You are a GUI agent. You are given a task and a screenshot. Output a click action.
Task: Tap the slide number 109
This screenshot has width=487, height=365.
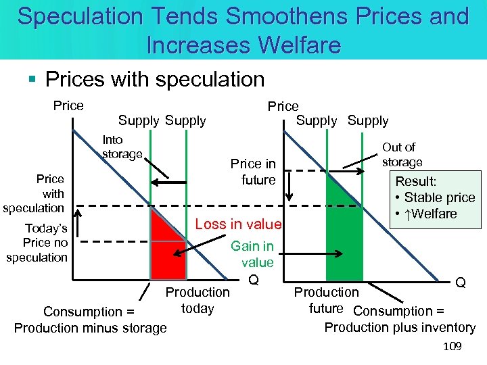[452, 347]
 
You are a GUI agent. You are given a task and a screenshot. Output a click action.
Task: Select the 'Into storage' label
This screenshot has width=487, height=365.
[121, 147]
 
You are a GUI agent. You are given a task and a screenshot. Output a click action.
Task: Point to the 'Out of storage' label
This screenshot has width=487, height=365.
[402, 154]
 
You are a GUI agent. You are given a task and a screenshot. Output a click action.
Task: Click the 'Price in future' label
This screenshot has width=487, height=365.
[253, 172]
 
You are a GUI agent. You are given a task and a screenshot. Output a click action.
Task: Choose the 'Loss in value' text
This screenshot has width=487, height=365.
[238, 224]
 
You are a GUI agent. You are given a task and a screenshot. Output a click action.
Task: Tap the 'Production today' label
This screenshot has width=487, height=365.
[198, 300]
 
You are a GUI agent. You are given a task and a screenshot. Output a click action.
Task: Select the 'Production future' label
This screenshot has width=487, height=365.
[326, 300]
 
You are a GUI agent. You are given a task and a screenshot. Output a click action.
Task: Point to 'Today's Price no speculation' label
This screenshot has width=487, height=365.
[37, 243]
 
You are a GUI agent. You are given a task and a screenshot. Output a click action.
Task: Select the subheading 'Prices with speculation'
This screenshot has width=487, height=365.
[154, 79]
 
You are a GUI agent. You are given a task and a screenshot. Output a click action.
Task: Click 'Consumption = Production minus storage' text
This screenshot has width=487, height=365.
[90, 320]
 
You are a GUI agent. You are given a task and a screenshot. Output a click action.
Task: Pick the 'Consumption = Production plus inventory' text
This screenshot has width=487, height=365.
[400, 319]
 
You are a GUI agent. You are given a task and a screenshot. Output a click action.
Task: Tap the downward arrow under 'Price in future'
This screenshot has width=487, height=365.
[289, 186]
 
